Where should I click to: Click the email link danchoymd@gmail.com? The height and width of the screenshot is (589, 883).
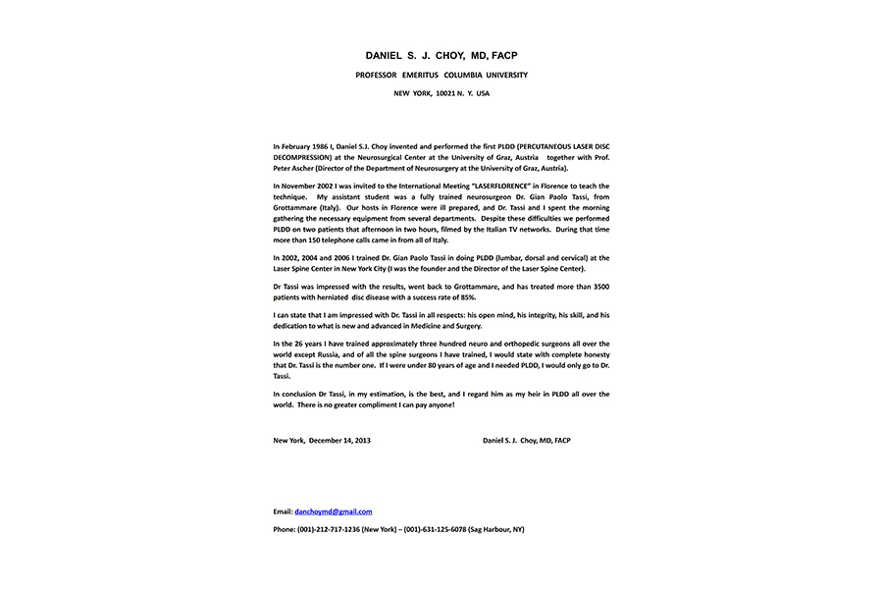tap(333, 511)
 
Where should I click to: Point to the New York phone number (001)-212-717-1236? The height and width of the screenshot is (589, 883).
tap(328, 529)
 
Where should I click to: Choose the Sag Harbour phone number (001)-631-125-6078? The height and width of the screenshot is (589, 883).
tap(439, 529)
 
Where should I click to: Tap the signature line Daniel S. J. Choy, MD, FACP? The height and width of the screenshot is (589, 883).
tap(526, 441)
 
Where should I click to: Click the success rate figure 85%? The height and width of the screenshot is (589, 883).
tap(468, 297)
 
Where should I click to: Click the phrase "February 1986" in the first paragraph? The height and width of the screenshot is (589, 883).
tap(304, 146)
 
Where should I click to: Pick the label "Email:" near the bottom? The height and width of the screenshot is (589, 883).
tap(283, 511)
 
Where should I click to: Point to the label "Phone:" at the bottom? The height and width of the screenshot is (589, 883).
tap(285, 529)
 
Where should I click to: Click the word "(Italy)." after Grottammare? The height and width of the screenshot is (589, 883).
tap(327, 208)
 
